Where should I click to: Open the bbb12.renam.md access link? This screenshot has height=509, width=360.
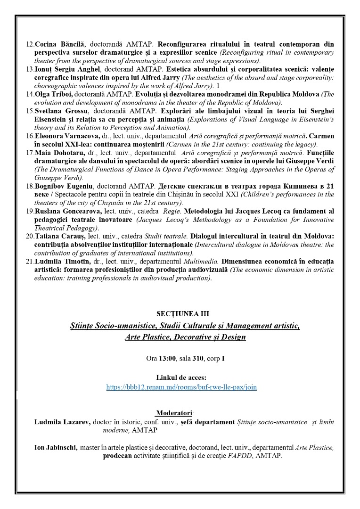pos(181,387)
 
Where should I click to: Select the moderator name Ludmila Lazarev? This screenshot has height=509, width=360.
pos(63,422)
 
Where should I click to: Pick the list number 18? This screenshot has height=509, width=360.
pos(29,186)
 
